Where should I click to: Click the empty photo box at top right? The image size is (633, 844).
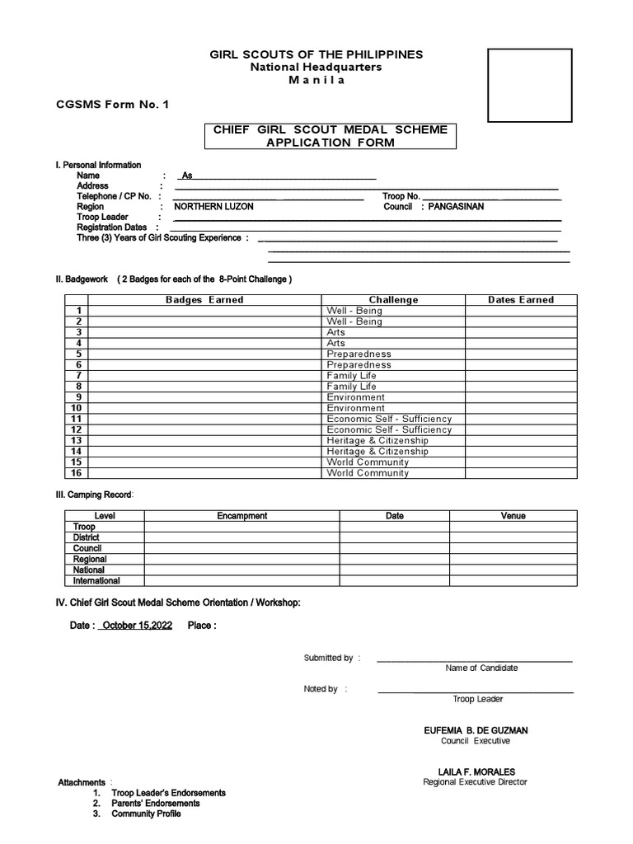(x=530, y=85)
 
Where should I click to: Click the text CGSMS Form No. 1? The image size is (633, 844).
(x=111, y=104)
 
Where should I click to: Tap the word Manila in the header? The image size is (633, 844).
(x=316, y=80)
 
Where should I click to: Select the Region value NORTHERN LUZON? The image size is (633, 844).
(x=213, y=207)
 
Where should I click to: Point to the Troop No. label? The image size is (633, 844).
(x=401, y=196)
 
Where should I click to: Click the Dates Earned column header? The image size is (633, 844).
(x=520, y=300)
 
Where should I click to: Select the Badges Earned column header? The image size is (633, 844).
(x=204, y=300)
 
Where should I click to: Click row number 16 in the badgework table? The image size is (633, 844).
(x=77, y=473)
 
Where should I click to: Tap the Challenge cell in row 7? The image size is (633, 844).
(x=352, y=376)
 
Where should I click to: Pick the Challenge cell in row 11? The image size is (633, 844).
(x=389, y=419)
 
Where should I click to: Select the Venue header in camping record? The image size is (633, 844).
(x=513, y=516)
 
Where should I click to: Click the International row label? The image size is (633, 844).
(x=96, y=580)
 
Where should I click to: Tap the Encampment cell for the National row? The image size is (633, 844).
(x=241, y=570)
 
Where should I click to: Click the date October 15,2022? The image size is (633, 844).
(x=137, y=626)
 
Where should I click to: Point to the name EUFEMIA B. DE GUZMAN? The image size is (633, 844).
(x=476, y=730)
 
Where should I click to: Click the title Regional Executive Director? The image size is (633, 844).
(x=475, y=782)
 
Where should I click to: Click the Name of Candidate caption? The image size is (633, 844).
(x=481, y=668)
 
